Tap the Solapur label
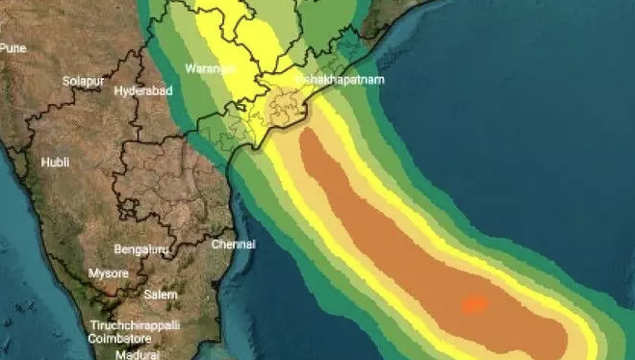(82, 81)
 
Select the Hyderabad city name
(142, 90)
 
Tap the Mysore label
(109, 273)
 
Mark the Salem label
(160, 295)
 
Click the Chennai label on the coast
(233, 244)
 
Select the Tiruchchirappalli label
(135, 326)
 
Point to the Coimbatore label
(120, 338)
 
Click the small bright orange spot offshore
(473, 305)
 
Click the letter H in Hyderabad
(117, 90)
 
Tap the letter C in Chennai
(214, 244)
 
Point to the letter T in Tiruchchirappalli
(93, 326)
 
